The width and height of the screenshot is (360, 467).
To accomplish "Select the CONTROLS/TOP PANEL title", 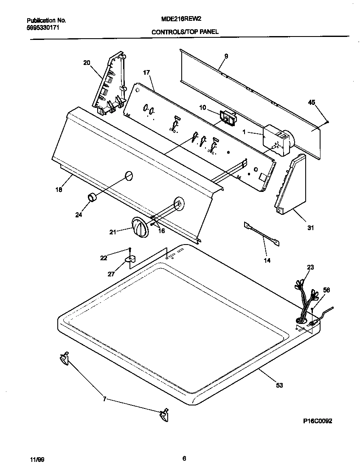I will point(185,31).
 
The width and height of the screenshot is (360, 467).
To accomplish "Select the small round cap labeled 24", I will point(92,198).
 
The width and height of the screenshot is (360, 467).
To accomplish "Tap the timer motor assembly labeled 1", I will point(276,138).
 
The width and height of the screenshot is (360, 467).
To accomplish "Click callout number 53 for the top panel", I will point(279,385).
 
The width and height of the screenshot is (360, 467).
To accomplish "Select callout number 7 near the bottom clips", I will point(104,399).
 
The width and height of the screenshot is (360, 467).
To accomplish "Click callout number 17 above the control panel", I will point(146,73).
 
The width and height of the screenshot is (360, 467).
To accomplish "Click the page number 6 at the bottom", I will point(184,458).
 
